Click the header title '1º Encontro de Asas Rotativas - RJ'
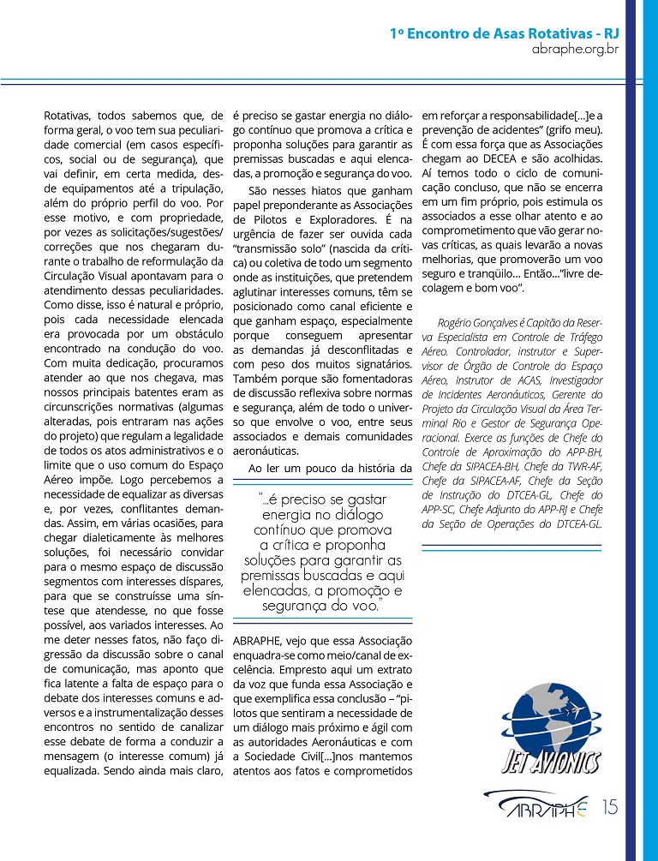click(x=504, y=33)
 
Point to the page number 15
click(x=610, y=807)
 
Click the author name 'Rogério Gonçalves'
click(x=477, y=321)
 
